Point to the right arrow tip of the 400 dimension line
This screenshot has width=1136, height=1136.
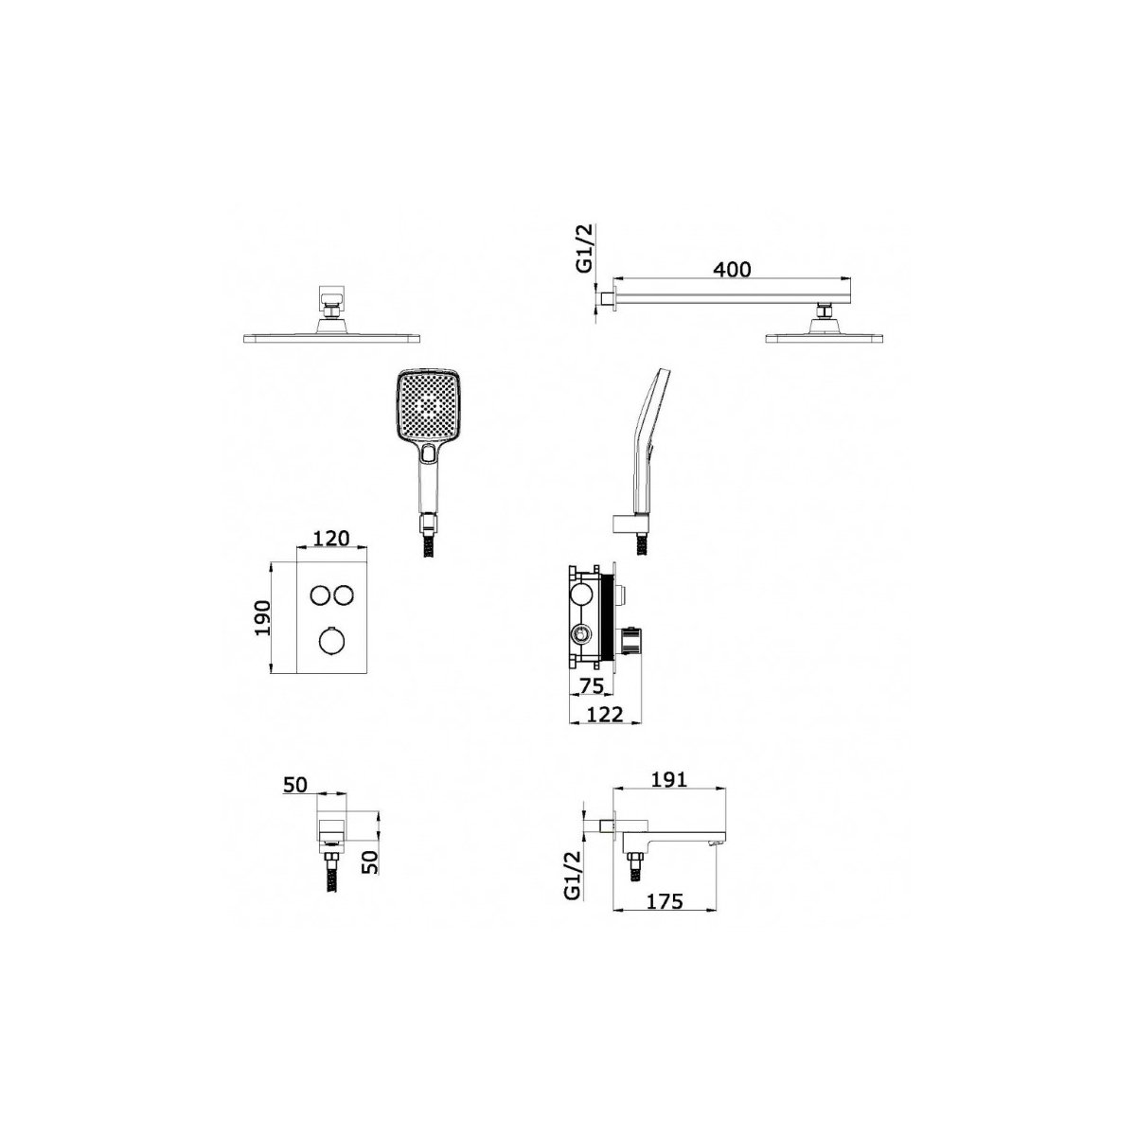(x=851, y=277)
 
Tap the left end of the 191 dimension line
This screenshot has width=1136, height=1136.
(x=614, y=789)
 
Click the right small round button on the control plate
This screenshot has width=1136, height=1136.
(x=344, y=596)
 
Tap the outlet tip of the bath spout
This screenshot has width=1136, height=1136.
(x=717, y=844)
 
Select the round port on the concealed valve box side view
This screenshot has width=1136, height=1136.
(x=580, y=635)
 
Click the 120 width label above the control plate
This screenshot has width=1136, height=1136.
(x=330, y=539)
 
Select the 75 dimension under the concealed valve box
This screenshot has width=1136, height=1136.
(x=590, y=685)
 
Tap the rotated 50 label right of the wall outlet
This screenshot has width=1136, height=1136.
(x=370, y=861)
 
